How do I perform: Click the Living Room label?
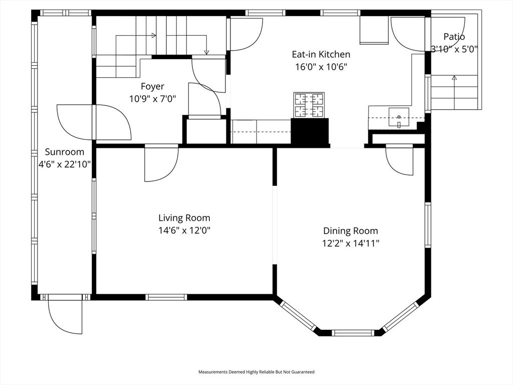[x=184, y=218]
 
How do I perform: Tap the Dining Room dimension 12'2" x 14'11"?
[x=351, y=244]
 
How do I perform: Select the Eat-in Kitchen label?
[x=321, y=54]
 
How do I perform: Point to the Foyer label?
[x=152, y=87]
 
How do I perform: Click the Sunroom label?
[x=65, y=152]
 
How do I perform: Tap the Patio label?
[x=454, y=37]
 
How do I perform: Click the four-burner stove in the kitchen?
[x=309, y=105]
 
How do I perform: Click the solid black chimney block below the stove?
[x=310, y=132]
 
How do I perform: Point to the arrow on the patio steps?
[x=454, y=78]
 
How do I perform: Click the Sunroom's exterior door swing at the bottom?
[x=65, y=316]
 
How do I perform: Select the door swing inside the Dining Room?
[x=399, y=160]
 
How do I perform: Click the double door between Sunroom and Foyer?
[x=94, y=122]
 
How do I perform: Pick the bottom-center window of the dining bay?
[x=353, y=332]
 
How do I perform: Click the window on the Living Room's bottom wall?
[x=167, y=297]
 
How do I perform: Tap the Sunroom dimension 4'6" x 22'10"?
[x=65, y=163]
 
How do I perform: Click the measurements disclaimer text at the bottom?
[x=256, y=372]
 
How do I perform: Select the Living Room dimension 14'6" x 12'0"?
[x=184, y=231]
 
